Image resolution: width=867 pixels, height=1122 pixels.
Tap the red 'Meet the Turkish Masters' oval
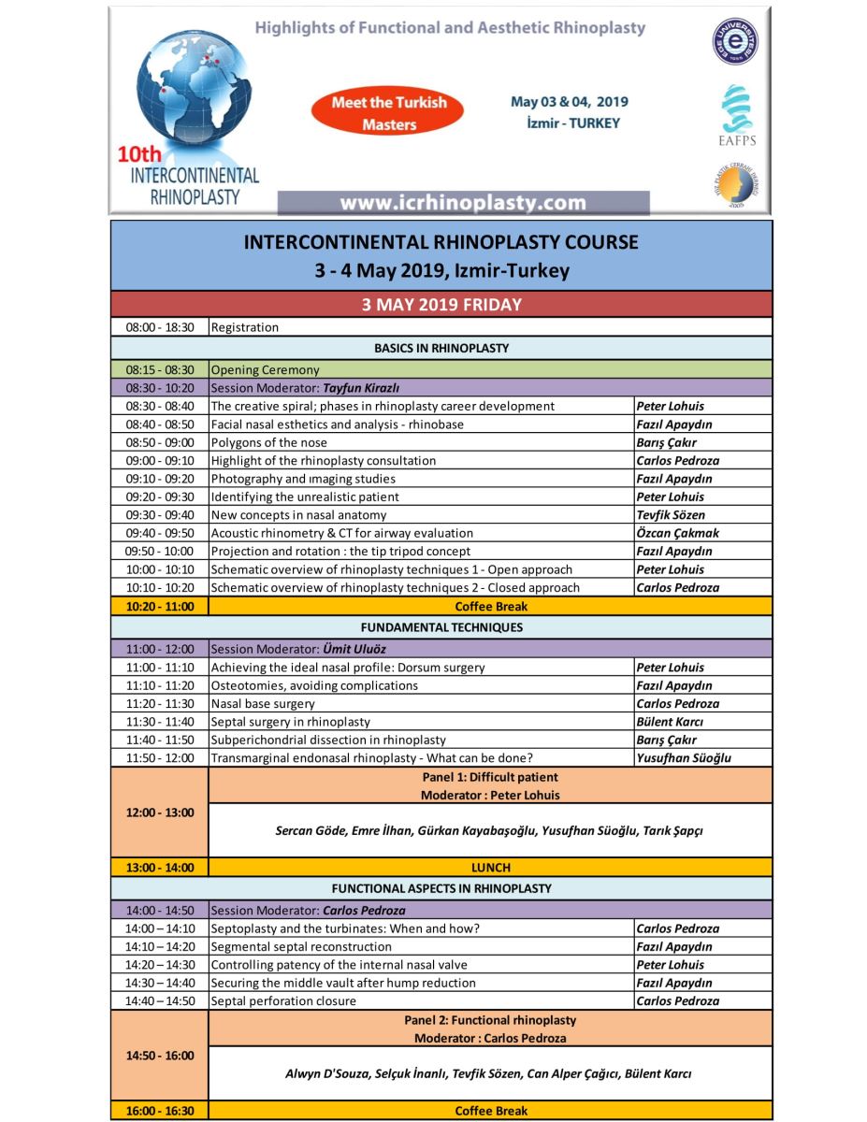coord(390,112)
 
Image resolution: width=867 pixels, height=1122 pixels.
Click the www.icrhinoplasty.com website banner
coord(463,203)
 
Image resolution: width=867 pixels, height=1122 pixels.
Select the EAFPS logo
coord(731,118)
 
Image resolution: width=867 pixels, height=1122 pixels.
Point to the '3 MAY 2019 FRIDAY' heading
coord(441,305)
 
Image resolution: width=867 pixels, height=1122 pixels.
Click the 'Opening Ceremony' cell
coord(265,369)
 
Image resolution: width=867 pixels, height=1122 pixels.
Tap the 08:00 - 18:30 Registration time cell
coord(159,327)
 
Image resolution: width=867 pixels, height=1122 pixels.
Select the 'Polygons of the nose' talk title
coord(268,442)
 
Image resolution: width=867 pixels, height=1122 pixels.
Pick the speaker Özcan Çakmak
coord(677,533)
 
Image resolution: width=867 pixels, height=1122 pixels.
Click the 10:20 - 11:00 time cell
coord(159,606)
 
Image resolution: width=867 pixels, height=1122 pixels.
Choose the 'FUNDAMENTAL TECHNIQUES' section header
coord(441,627)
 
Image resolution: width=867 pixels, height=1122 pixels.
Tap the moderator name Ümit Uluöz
coord(356,648)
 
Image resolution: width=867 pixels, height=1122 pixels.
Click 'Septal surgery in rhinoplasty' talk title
coord(290,722)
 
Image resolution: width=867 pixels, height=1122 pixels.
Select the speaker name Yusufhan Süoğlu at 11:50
coord(683,758)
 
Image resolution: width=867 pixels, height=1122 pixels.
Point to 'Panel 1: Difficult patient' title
coord(490,777)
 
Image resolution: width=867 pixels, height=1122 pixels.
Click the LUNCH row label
coord(490,868)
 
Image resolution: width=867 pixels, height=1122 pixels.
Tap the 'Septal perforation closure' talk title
coord(283,1000)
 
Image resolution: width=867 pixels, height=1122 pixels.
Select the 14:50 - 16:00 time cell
coord(159,1056)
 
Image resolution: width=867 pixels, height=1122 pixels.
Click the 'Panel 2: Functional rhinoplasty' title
coord(490,1020)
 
